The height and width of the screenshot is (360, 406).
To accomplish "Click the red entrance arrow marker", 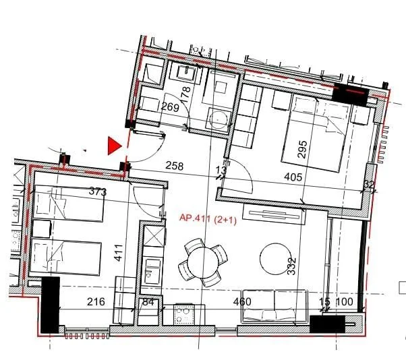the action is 114,146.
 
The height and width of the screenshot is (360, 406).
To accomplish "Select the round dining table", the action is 203,262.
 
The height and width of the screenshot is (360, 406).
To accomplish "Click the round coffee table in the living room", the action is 275,259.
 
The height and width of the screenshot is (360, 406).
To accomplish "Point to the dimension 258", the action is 175,166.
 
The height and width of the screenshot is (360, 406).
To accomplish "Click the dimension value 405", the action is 293,177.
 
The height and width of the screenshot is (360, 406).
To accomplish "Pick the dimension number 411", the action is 119,253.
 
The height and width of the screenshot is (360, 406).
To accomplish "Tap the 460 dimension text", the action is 242,301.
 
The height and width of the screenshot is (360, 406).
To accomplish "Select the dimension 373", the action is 98,191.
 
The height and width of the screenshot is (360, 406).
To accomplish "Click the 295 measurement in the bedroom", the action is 302,150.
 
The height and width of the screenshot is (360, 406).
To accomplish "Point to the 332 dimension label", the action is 291,266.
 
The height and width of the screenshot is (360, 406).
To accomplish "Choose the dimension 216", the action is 96,302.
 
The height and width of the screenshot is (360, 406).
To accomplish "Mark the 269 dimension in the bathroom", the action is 170,107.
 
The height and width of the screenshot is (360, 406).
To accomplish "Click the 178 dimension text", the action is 185,95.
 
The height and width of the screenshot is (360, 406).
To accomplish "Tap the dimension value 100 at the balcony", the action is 345,301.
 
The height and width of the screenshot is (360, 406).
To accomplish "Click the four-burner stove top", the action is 184,314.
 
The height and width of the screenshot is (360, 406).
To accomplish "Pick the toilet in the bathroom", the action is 219,119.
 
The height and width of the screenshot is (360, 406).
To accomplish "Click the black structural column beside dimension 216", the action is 50,305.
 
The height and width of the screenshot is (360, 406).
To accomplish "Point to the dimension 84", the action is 148,302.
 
